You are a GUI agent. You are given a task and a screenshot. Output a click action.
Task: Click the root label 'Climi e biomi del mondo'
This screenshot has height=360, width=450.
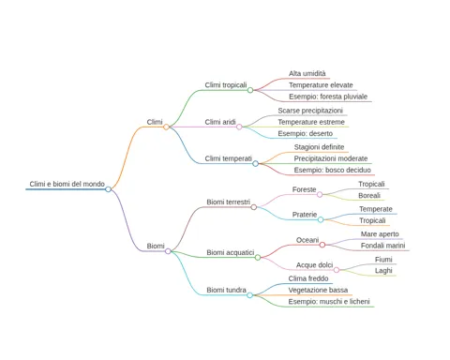pyautogui.click(x=67, y=184)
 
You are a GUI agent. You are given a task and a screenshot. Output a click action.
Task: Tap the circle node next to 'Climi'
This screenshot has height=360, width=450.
pyautogui.click(x=166, y=127)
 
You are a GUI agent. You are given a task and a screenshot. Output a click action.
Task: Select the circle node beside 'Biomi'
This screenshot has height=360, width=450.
pyautogui.click(x=168, y=251)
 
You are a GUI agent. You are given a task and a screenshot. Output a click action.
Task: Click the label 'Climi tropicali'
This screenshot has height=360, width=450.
pyautogui.click(x=226, y=85)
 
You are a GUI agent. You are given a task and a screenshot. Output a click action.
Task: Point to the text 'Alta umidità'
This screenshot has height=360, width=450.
pyautogui.click(x=307, y=73)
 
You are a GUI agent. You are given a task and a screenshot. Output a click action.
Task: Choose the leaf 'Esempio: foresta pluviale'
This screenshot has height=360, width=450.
pyautogui.click(x=328, y=97)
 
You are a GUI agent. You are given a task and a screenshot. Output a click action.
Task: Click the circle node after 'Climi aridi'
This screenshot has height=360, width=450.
pyautogui.click(x=239, y=127)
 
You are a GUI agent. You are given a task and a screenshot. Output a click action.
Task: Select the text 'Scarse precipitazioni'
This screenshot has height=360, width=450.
pyautogui.click(x=310, y=111)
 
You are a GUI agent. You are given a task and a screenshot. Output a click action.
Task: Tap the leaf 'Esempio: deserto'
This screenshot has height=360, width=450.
pyautogui.click(x=306, y=134)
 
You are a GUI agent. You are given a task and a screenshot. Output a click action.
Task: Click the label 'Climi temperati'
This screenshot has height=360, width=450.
pyautogui.click(x=228, y=158)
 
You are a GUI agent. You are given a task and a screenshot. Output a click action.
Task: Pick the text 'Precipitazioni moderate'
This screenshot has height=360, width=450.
pyautogui.click(x=331, y=158)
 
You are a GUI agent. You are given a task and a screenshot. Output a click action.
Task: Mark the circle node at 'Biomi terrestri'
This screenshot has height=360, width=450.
pyautogui.click(x=254, y=207)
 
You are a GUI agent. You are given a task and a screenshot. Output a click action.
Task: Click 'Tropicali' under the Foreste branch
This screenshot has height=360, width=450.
pyautogui.click(x=371, y=184)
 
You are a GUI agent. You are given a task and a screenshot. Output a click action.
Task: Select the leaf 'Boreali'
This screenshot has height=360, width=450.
pyautogui.click(x=369, y=196)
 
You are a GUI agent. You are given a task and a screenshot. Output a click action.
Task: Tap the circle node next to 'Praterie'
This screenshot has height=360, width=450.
pyautogui.click(x=321, y=219)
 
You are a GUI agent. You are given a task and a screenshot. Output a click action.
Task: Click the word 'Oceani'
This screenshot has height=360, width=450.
pyautogui.click(x=307, y=240)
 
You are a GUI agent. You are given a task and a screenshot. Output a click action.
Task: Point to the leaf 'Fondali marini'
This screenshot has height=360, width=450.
pyautogui.click(x=382, y=246)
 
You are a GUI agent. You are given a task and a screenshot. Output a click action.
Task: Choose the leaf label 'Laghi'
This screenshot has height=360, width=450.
pyautogui.click(x=383, y=271)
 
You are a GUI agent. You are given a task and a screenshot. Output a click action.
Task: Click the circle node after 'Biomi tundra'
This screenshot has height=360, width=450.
pyautogui.click(x=249, y=295)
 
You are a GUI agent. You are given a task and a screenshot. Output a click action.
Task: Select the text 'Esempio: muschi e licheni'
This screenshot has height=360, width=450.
pyautogui.click(x=329, y=302)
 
